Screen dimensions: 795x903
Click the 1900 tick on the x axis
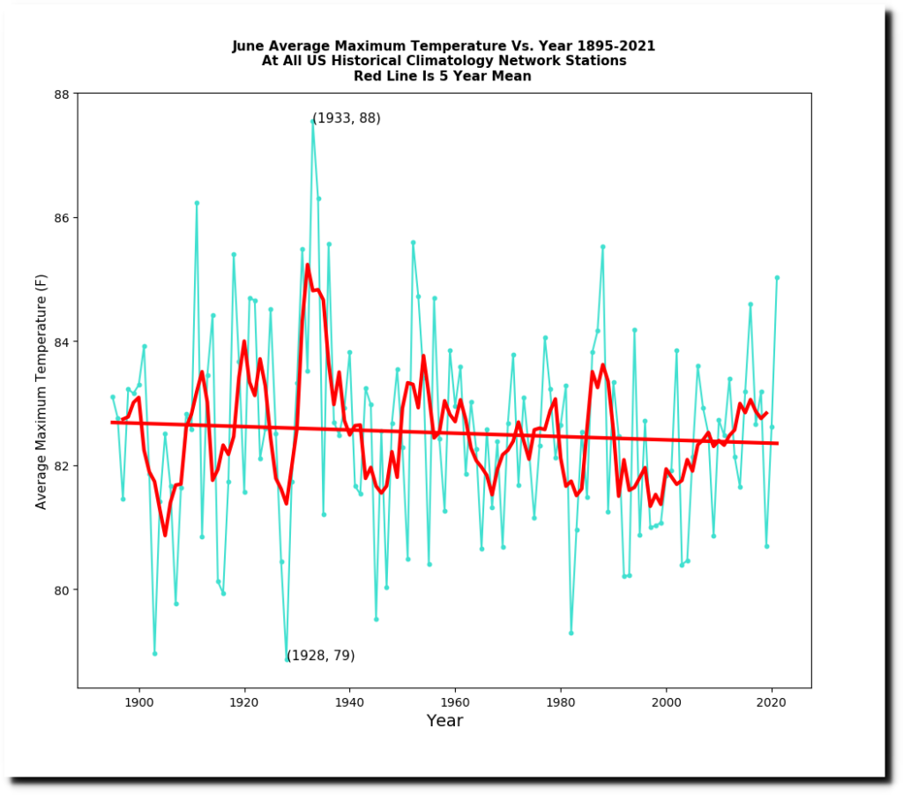point(138,701)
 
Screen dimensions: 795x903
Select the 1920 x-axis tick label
point(244,701)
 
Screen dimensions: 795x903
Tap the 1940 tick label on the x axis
point(349,701)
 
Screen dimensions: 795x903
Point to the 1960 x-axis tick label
point(455,701)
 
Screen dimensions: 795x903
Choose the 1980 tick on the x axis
point(560,701)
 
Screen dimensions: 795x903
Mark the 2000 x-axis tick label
point(666,701)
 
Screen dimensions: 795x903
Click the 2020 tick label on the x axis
point(772,701)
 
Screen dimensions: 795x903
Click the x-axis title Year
point(444,721)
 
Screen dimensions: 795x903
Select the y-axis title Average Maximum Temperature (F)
point(41,390)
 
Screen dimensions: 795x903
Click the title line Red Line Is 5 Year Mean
point(443,76)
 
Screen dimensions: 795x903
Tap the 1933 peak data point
point(312,121)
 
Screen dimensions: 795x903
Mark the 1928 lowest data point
point(287,660)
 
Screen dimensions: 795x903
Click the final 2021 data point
point(777,277)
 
